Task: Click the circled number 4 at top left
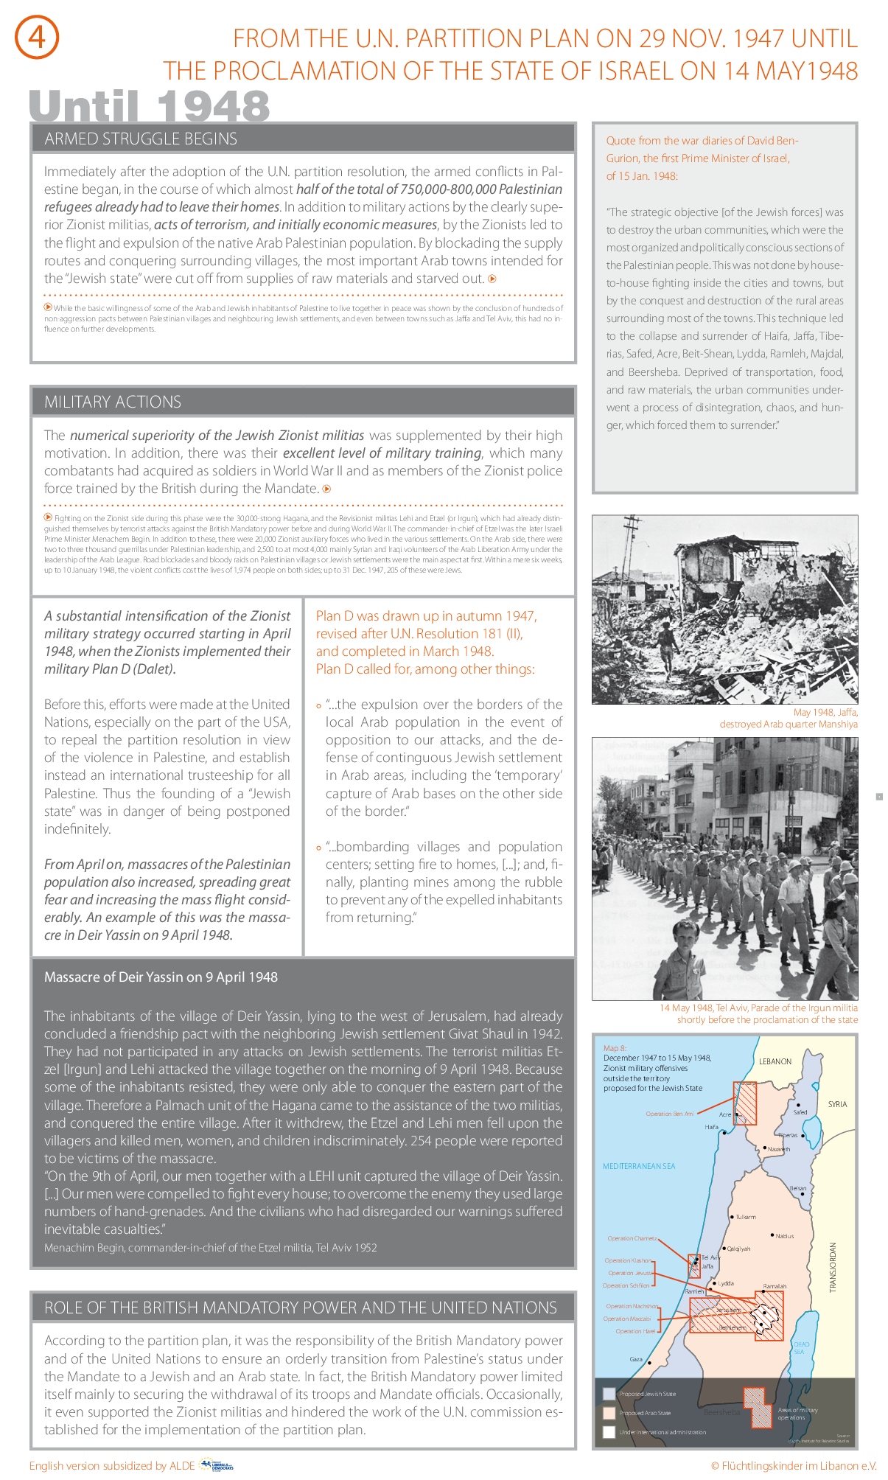click(37, 38)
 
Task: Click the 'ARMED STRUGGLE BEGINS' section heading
click(141, 139)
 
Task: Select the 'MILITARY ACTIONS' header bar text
click(113, 402)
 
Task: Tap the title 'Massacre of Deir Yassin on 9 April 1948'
click(161, 977)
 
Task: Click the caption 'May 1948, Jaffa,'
click(825, 712)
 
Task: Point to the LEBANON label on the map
click(775, 1061)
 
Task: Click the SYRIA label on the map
click(837, 1104)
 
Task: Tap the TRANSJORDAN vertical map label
click(833, 1267)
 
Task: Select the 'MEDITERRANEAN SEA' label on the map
click(639, 1166)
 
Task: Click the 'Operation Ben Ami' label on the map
click(669, 1114)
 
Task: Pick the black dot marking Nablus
click(772, 1235)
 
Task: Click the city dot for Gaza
click(649, 1363)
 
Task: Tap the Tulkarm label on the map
click(746, 1217)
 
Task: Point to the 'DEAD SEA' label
click(801, 1348)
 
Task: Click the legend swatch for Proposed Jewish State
click(609, 1394)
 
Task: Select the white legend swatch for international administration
click(609, 1432)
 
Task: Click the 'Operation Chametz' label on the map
click(632, 1238)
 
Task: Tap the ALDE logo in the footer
click(217, 1465)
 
